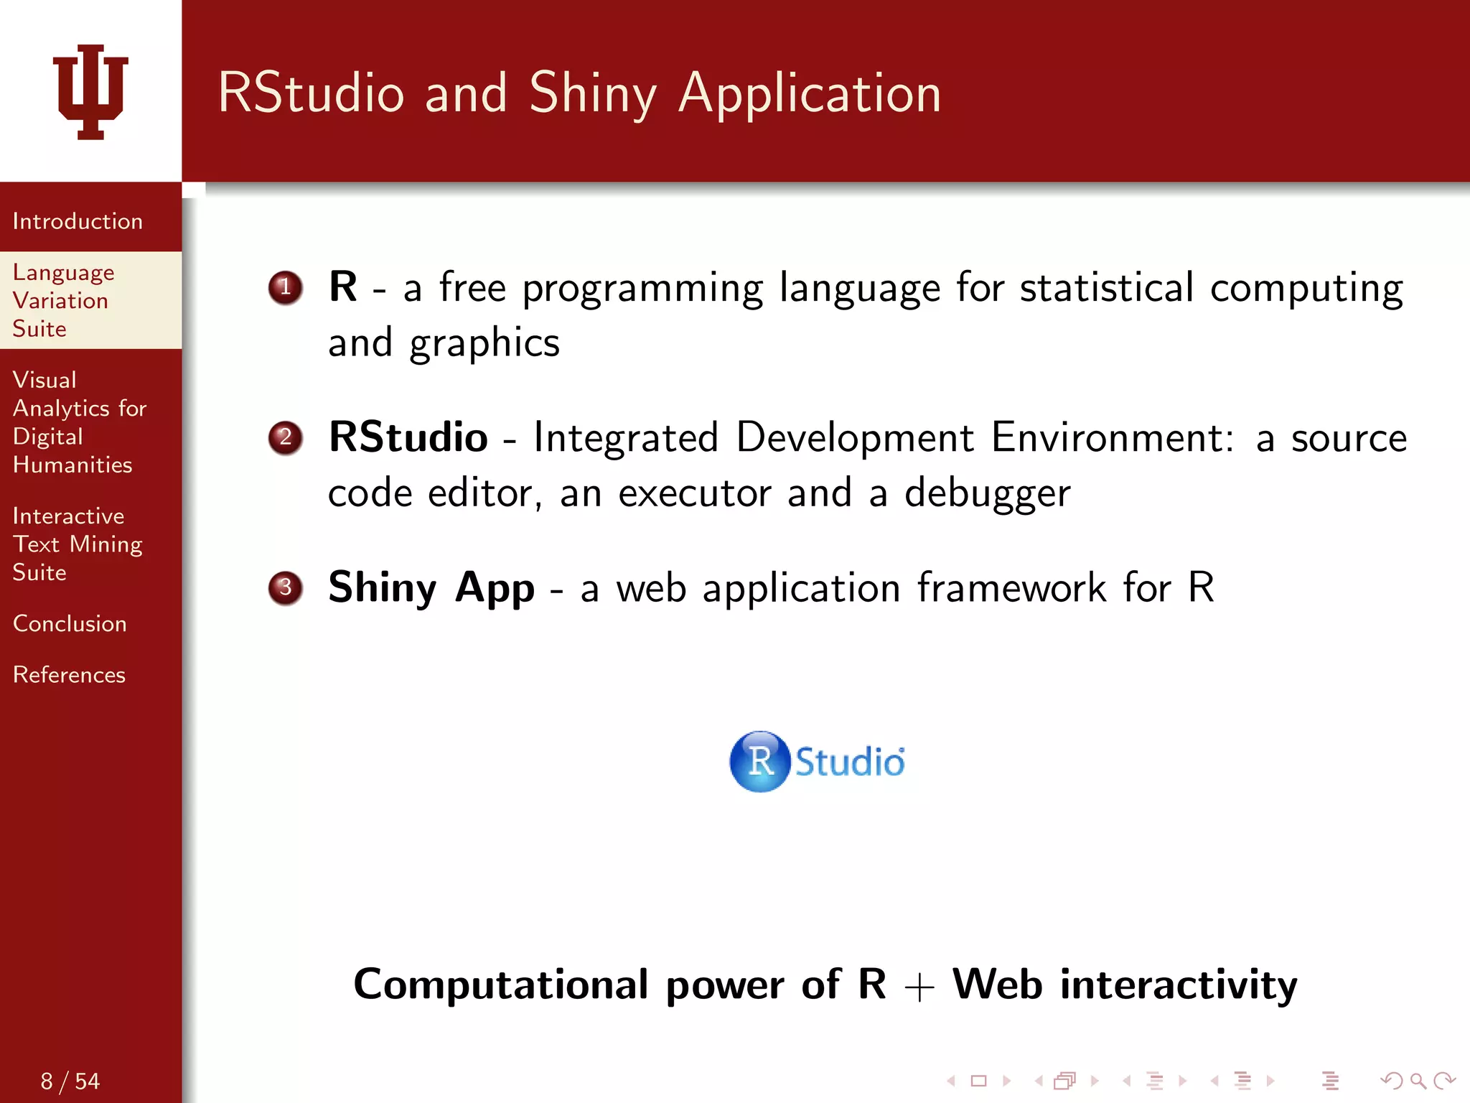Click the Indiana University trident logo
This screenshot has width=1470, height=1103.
90,92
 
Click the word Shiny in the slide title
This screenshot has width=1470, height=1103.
593,94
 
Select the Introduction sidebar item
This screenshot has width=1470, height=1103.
78,221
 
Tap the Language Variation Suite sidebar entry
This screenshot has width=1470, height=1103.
63,300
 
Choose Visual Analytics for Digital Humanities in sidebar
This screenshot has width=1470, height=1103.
79,422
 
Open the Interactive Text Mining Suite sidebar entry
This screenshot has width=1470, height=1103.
77,544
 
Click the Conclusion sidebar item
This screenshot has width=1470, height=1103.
70,623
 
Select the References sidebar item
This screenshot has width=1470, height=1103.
69,675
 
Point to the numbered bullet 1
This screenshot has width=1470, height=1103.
285,288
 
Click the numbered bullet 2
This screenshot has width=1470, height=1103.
285,437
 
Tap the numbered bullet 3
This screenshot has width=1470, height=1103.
285,587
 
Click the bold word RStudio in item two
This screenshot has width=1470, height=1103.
408,437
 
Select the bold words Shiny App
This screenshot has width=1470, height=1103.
431,587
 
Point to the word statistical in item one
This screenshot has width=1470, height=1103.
1106,288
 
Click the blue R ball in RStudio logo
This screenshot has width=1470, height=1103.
759,761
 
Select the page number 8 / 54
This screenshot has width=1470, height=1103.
70,1081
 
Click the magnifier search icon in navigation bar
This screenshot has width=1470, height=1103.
1418,1081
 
